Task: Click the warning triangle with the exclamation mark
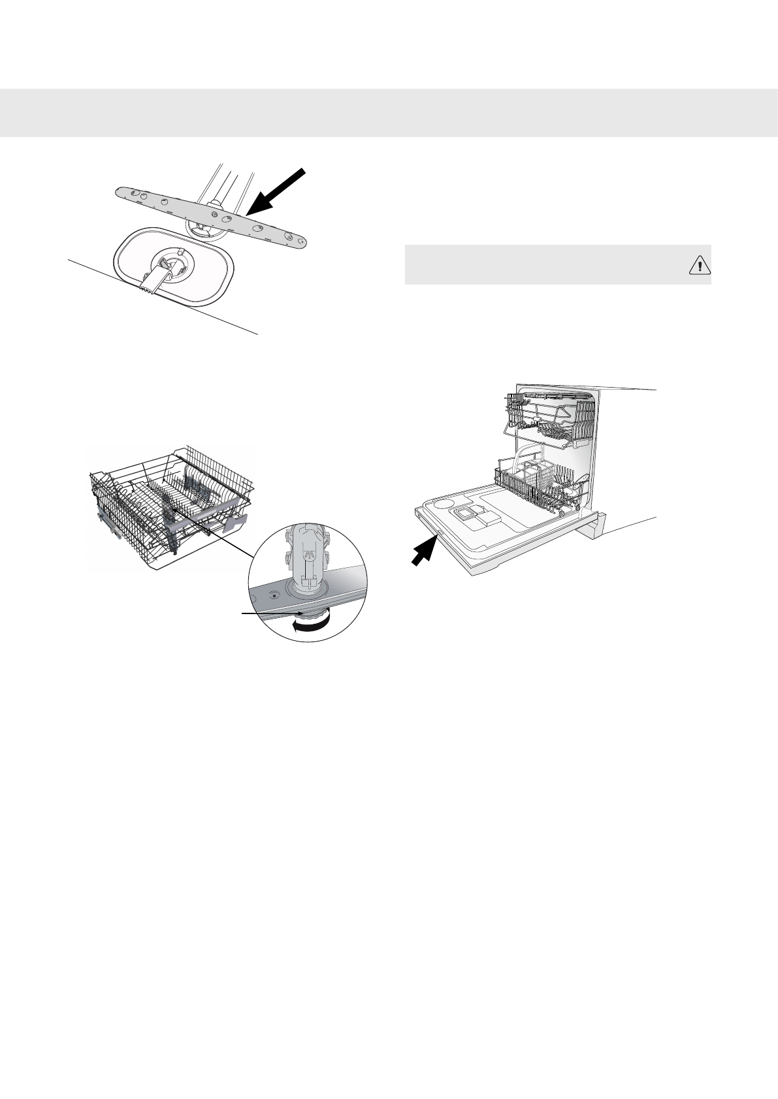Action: point(699,266)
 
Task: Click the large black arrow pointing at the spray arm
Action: point(278,191)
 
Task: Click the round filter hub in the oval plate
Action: point(169,264)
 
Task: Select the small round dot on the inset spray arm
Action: point(274,595)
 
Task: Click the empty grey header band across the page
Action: point(389,112)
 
